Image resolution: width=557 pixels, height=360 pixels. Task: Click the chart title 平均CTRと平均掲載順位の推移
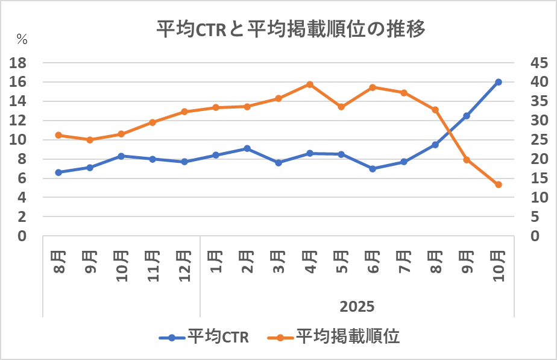(291, 30)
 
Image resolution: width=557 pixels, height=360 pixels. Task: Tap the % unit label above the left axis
(22, 39)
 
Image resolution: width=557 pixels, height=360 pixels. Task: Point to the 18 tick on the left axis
(20, 63)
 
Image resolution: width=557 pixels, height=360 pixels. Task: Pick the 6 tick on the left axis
(22, 178)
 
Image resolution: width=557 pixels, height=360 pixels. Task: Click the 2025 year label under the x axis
(357, 306)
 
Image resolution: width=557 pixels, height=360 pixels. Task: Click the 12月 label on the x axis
(184, 264)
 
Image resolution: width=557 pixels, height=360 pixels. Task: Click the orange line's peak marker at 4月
(310, 84)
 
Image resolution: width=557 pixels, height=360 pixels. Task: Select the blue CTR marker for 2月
(247, 148)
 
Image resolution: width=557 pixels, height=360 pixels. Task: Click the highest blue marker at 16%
(499, 82)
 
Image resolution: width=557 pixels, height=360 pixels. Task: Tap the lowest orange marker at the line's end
(499, 185)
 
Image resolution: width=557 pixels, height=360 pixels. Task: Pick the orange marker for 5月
(341, 107)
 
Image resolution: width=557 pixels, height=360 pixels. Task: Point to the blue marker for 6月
(373, 169)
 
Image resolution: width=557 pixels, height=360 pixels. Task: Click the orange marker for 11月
(153, 122)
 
